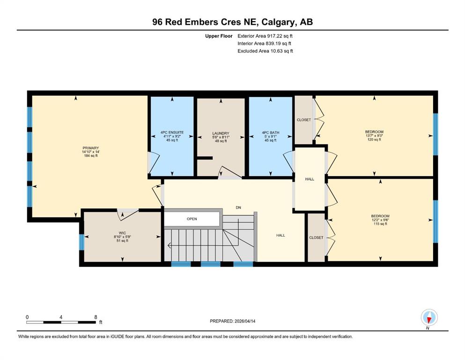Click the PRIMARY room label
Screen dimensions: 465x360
click(x=91, y=148)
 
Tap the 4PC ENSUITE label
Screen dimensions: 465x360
click(x=172, y=133)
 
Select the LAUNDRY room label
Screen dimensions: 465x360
click(x=221, y=134)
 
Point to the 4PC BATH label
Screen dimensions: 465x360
click(x=271, y=133)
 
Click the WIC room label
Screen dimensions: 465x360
click(x=122, y=233)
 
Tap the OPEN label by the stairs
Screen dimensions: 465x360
click(x=192, y=219)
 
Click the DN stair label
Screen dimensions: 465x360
click(x=238, y=208)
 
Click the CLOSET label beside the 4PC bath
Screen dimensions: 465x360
click(x=304, y=120)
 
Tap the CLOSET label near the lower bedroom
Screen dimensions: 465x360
click(x=316, y=238)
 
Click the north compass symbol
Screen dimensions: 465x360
click(x=429, y=317)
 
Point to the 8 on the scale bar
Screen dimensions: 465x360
click(x=96, y=317)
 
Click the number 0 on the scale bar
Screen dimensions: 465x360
click(x=27, y=317)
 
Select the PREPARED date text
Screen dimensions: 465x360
click(x=232, y=321)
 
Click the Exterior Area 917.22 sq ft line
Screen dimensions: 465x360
click(x=265, y=36)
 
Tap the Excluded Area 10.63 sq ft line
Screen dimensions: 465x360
click(x=265, y=51)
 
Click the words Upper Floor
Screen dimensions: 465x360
click(x=219, y=36)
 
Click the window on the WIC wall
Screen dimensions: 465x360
click(x=81, y=242)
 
